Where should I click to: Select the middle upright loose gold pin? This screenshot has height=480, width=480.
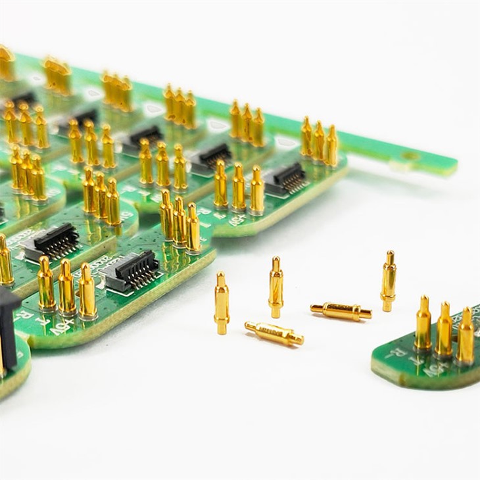point(276,288)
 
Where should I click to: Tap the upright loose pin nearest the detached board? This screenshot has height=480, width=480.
point(389,281)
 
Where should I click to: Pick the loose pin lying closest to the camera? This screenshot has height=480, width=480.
point(274,334)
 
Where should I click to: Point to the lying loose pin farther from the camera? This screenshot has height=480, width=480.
point(341,312)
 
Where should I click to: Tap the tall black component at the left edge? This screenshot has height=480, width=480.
point(7,329)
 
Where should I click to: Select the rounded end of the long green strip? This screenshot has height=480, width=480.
point(450,165)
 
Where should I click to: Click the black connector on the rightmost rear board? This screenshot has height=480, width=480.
point(285,178)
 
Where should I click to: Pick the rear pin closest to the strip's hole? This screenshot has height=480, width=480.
point(331,145)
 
